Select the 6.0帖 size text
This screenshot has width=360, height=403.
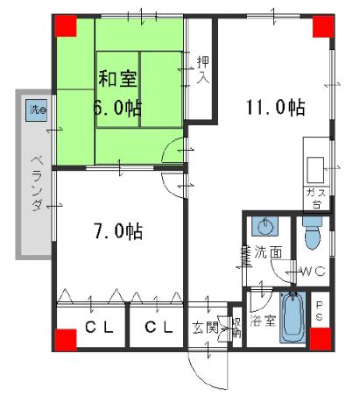coord(117,110)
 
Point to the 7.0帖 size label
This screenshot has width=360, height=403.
coord(118,232)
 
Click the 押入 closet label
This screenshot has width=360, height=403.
coord(202,69)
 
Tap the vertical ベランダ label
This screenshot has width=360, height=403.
coord(37,183)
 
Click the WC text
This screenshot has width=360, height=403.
coord(314,272)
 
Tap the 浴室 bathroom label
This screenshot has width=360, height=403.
coord(263,321)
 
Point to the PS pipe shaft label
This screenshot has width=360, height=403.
coord(320,312)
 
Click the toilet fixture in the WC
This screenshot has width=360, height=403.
coord(312,231)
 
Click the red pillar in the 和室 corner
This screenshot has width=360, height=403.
coord(66,25)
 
